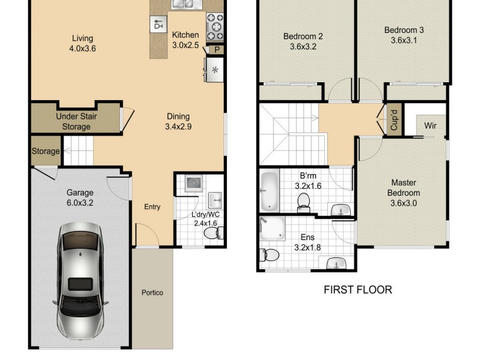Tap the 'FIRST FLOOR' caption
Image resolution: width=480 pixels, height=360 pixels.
[358, 290]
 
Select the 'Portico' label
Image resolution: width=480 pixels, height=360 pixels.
[152, 293]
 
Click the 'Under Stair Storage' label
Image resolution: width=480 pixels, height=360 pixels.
[76, 121]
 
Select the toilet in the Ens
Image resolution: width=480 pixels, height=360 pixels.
[270, 256]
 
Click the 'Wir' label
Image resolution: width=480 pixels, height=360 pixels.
[430, 126]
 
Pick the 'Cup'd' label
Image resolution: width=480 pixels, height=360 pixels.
[394, 119]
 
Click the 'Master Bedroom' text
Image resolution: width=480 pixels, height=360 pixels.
[403, 187]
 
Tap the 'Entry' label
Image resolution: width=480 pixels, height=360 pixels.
[152, 207]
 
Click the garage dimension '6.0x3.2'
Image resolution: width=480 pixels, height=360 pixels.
[80, 203]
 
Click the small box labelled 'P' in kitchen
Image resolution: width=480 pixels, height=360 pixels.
[215, 50]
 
